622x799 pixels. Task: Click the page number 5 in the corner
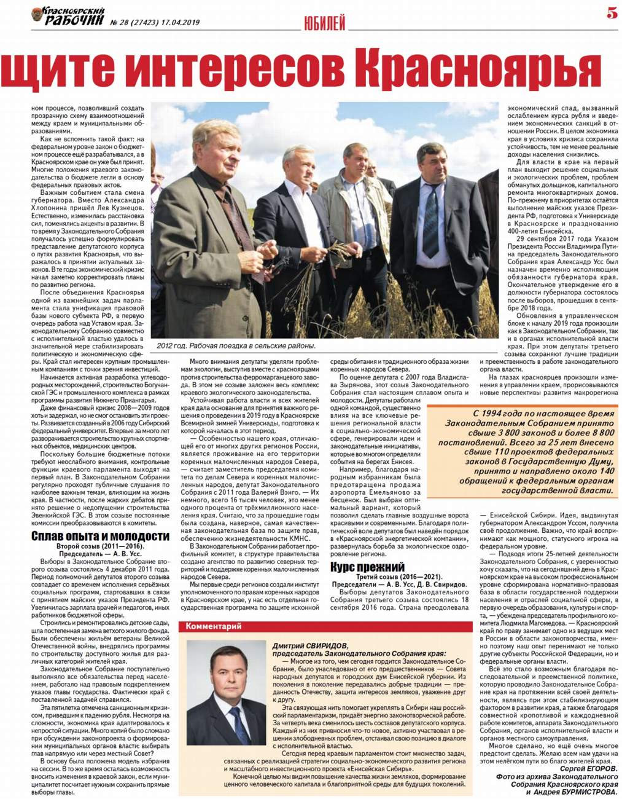point(612,12)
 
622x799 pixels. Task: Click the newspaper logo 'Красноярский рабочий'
point(68,16)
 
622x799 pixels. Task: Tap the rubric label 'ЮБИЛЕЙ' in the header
point(325,23)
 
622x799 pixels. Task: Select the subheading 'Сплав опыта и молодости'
point(100,536)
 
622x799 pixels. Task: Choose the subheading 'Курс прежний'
point(367,567)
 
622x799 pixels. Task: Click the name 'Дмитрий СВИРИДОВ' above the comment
point(310,646)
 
